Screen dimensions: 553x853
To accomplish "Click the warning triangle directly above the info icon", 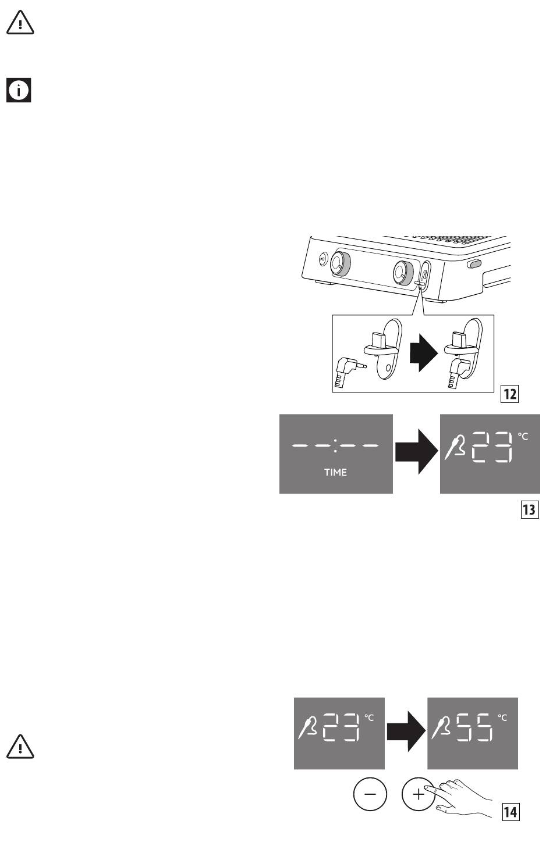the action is [20, 23].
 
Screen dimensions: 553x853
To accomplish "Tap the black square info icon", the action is [19, 91].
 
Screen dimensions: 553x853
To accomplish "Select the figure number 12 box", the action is [509, 394].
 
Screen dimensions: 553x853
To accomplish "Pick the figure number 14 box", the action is [510, 811].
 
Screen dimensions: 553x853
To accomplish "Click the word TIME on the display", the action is [335, 472].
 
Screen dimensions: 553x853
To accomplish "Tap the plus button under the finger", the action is [418, 794].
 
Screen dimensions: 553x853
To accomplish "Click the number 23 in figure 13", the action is [492, 447].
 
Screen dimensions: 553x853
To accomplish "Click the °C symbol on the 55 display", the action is [502, 718].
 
